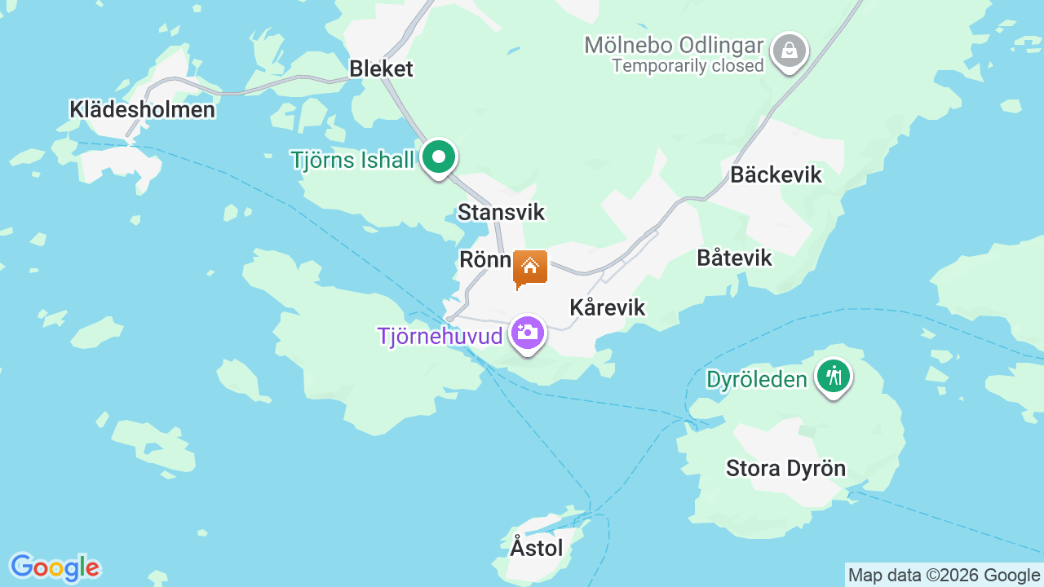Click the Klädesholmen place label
point(142,109)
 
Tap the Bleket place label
point(381,68)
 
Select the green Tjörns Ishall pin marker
point(439,156)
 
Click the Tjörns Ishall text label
point(352,160)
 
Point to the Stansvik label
point(501,212)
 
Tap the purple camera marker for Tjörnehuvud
point(528,333)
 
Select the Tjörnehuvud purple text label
point(440,336)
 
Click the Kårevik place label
point(607,307)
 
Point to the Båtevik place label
point(734,258)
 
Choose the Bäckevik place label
point(776,174)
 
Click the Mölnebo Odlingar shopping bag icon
point(789,51)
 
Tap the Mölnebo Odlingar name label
point(674,45)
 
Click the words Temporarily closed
point(688,66)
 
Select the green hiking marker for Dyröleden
point(833,377)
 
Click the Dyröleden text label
point(757,379)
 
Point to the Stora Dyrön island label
point(785,469)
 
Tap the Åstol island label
point(537,547)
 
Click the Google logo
point(55,567)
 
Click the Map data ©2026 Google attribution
point(944,576)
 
